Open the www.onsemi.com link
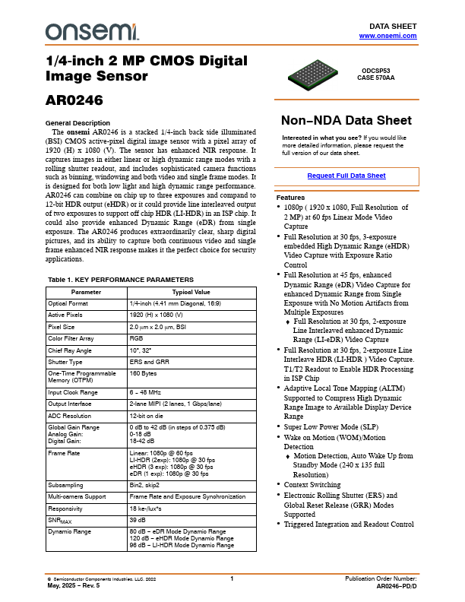pyautogui.click(x=387, y=36)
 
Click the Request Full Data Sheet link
pyautogui.click(x=346, y=176)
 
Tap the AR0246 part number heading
pyautogui.click(x=74, y=99)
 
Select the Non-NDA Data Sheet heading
pyautogui.click(x=346, y=120)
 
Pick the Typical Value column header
pyautogui.click(x=191, y=292)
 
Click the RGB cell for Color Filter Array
pyautogui.click(x=137, y=337)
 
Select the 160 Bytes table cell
pyautogui.click(x=144, y=374)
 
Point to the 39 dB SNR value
pyautogui.click(x=139, y=519)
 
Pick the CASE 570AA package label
pyautogui.click(x=375, y=77)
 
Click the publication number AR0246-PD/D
pyautogui.click(x=397, y=587)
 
